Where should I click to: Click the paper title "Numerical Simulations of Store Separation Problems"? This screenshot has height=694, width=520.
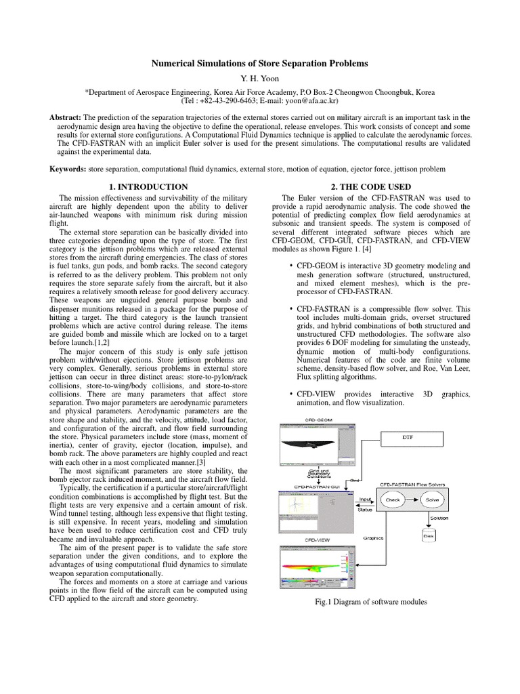[x=259, y=63]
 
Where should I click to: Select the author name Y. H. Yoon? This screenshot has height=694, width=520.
[x=259, y=77]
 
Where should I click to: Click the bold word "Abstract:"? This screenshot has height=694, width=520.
[x=66, y=117]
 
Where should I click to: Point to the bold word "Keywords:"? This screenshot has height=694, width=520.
[x=68, y=168]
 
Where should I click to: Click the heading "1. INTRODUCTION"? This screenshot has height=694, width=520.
[x=148, y=186]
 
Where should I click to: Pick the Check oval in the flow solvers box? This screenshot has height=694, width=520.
[x=393, y=499]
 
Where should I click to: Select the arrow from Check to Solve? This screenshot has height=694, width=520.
[x=414, y=499]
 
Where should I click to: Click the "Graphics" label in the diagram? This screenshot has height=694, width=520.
[x=374, y=538]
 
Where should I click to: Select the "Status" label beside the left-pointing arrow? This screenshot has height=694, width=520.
[x=365, y=508]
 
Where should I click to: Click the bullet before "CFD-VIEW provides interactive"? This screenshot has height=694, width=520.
[x=290, y=394]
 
